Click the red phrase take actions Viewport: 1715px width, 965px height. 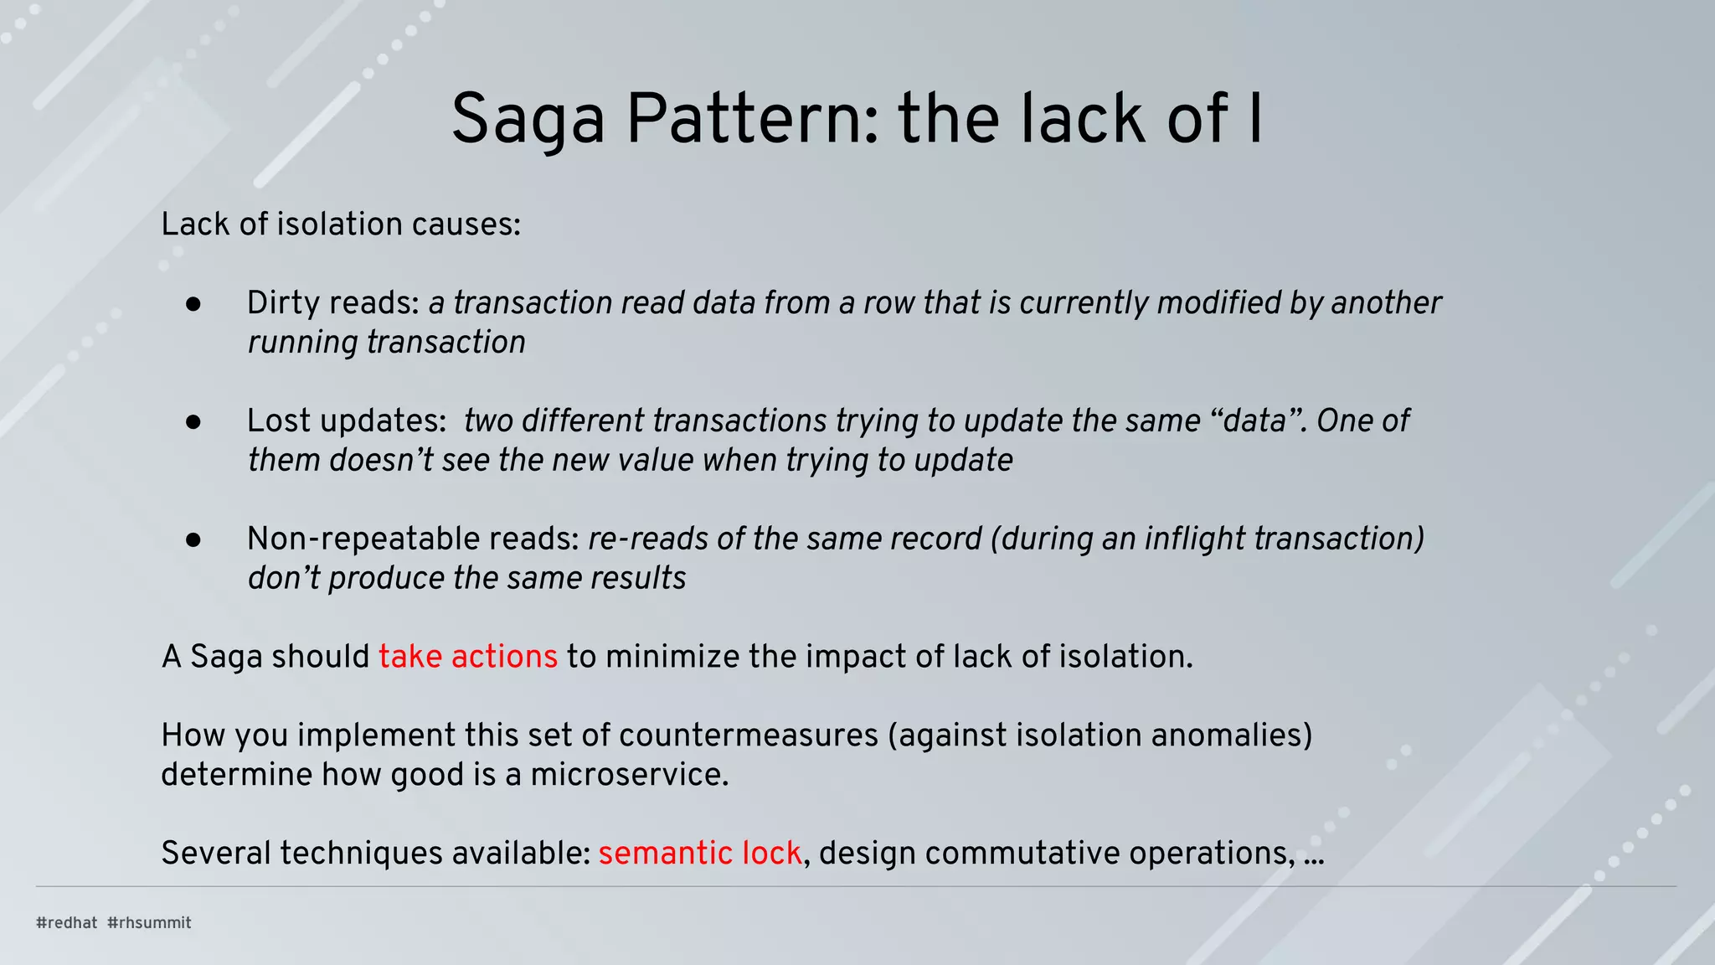(467, 657)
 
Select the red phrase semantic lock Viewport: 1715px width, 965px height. (700, 854)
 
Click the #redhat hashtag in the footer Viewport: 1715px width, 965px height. (67, 923)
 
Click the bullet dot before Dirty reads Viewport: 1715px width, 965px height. (193, 305)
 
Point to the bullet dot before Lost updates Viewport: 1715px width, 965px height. (193, 423)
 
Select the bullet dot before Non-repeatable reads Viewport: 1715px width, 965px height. (193, 541)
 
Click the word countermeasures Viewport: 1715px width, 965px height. (749, 735)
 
